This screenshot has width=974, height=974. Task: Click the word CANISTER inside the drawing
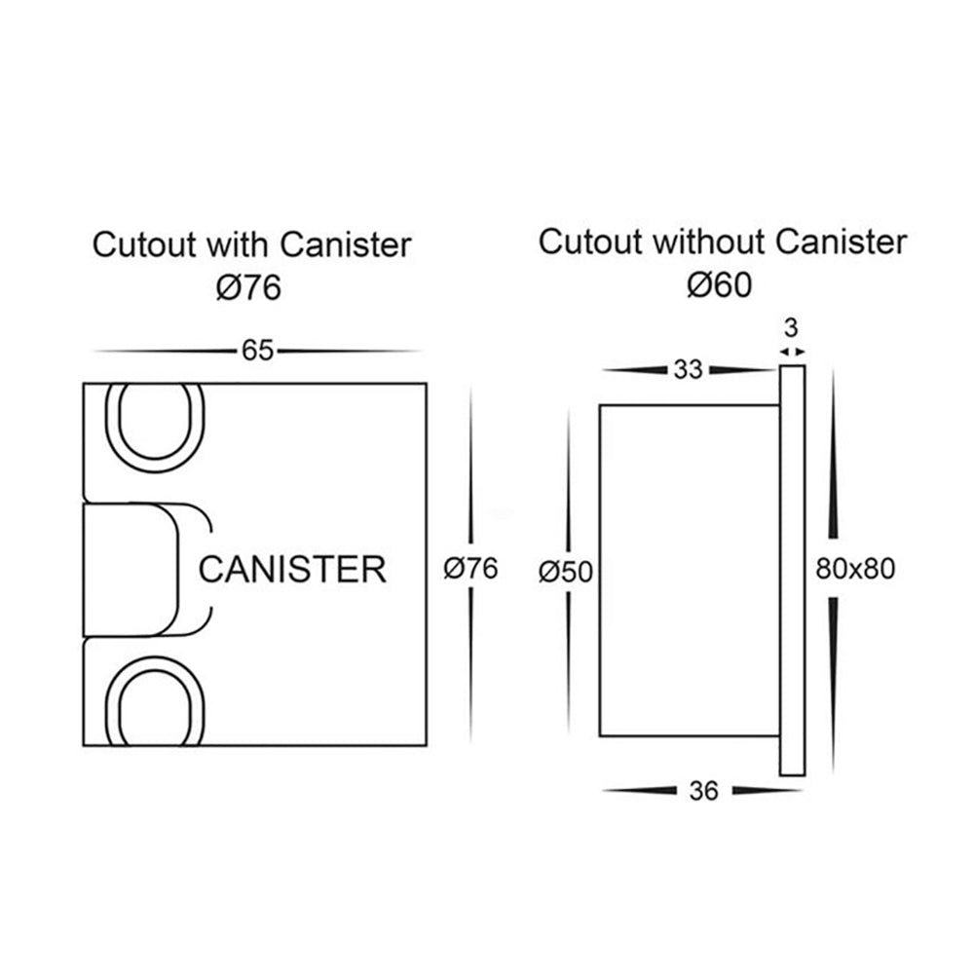click(292, 569)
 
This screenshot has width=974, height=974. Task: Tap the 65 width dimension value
click(257, 351)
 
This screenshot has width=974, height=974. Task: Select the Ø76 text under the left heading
click(251, 287)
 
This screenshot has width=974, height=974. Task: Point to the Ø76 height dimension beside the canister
click(470, 569)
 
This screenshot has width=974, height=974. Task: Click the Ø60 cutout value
click(721, 284)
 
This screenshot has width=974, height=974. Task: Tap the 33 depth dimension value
click(689, 370)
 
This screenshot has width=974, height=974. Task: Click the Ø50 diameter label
click(566, 572)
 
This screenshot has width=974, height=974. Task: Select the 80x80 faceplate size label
click(855, 570)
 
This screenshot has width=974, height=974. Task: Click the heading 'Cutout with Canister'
click(251, 244)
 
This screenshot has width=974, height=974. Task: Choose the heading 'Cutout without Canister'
click(723, 242)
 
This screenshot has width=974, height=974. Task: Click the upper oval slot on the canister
click(154, 424)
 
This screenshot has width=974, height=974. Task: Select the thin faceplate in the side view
click(793, 570)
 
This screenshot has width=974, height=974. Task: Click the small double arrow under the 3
click(793, 351)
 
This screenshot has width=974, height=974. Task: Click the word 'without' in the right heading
click(697, 242)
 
